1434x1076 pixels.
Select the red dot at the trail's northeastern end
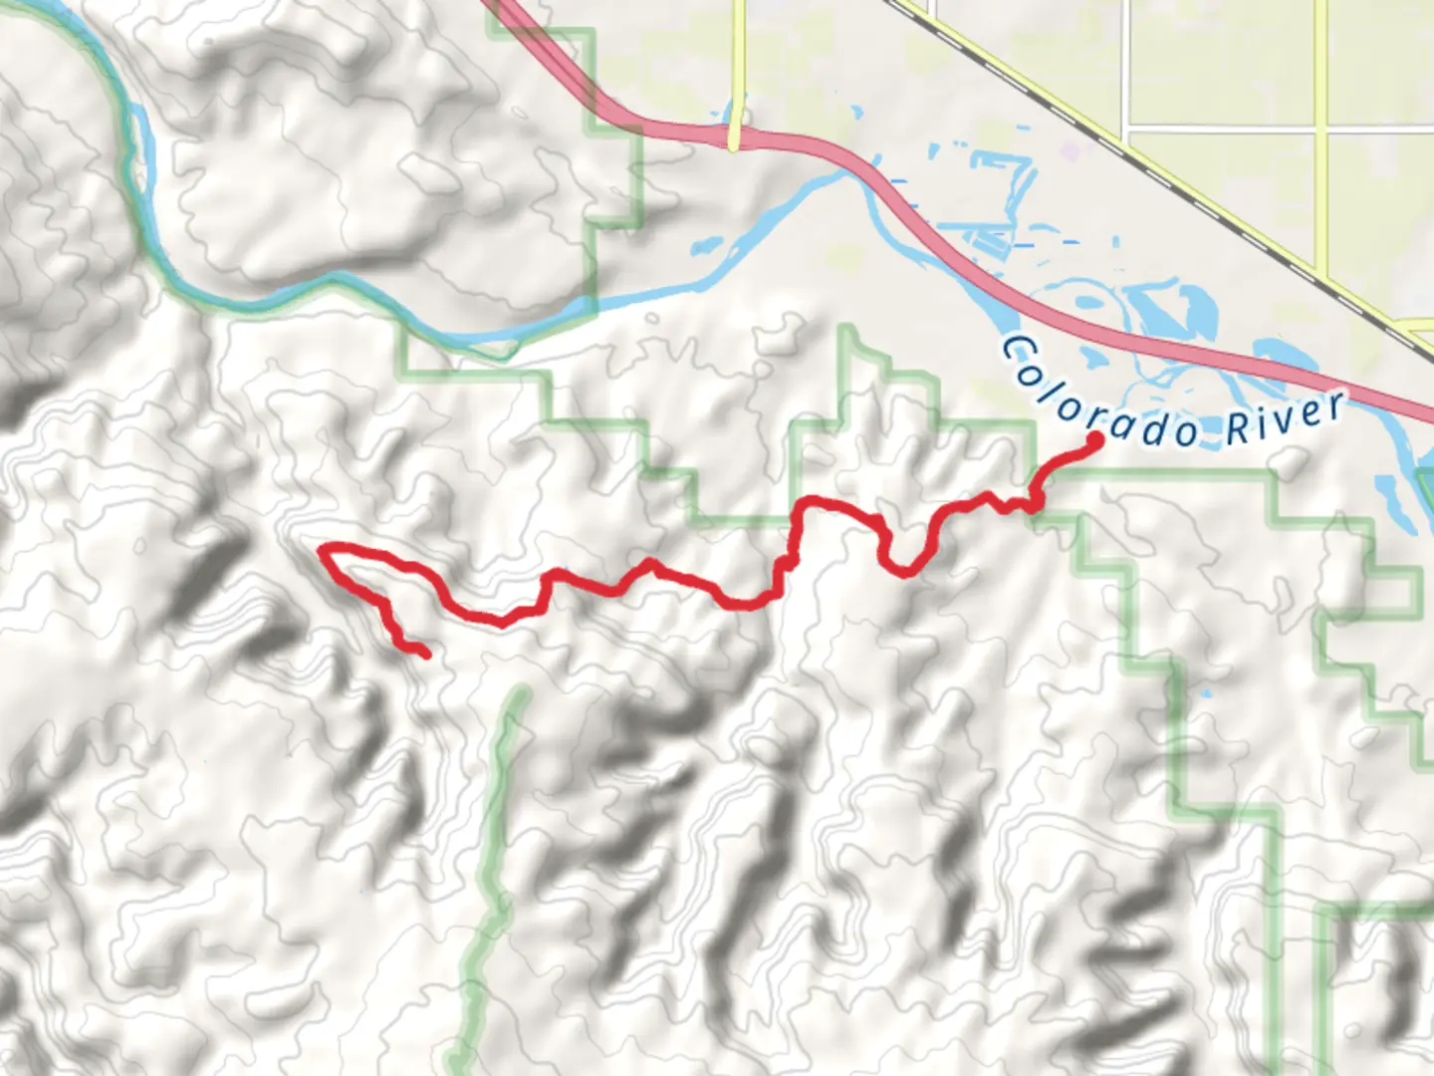tap(1093, 438)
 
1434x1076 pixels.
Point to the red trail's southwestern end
tap(425, 654)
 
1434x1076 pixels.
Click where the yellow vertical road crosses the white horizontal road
tap(1321, 130)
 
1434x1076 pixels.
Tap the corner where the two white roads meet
tap(1124, 130)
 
